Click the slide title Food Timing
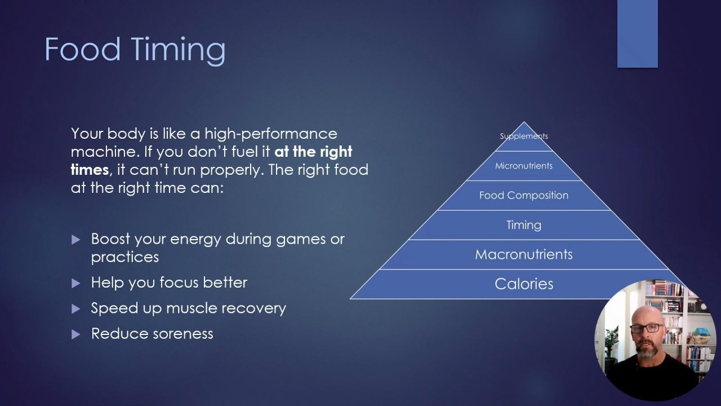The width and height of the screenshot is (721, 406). point(135,50)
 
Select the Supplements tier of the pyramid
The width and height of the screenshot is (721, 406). point(524,136)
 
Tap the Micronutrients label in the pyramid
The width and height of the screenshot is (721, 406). point(524,166)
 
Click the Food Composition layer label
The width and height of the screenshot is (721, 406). point(524,195)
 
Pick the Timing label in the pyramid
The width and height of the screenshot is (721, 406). point(524,225)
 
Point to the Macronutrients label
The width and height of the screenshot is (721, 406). point(524,254)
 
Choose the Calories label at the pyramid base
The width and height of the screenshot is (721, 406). point(524,284)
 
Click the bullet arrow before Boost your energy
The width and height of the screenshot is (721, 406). point(76,240)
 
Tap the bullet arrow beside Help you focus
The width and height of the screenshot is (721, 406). point(76,283)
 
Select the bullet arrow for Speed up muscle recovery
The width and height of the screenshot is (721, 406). point(76,308)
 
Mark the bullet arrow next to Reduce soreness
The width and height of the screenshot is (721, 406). point(76,334)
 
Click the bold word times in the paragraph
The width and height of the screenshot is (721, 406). point(89,170)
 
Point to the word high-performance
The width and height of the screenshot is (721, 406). point(270,134)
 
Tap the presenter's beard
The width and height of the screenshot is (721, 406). point(648,352)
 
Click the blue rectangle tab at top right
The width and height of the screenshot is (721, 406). point(637,34)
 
